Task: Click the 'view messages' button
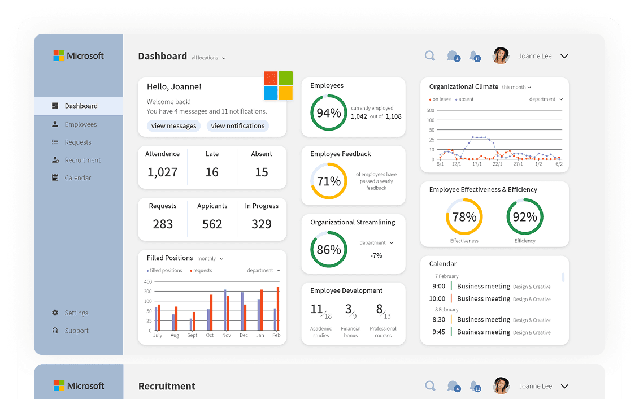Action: point(173,126)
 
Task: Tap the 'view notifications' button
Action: point(238,126)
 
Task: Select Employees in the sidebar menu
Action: point(80,124)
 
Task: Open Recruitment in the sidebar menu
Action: point(82,160)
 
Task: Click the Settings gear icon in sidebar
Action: point(55,313)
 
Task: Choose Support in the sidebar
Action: point(76,331)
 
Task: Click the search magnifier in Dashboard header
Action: point(430,56)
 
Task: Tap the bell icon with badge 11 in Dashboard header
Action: point(475,56)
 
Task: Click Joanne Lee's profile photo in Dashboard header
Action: point(501,56)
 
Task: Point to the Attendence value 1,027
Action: point(163,172)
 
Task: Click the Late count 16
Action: point(212,172)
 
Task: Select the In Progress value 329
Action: point(262,224)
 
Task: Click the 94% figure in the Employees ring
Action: point(329,113)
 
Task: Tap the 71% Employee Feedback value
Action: point(329,181)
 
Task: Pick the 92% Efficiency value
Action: point(525,217)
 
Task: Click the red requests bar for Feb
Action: point(278,309)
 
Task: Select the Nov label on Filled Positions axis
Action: point(227,335)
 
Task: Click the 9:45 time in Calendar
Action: point(438,332)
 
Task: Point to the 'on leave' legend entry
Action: point(440,99)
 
